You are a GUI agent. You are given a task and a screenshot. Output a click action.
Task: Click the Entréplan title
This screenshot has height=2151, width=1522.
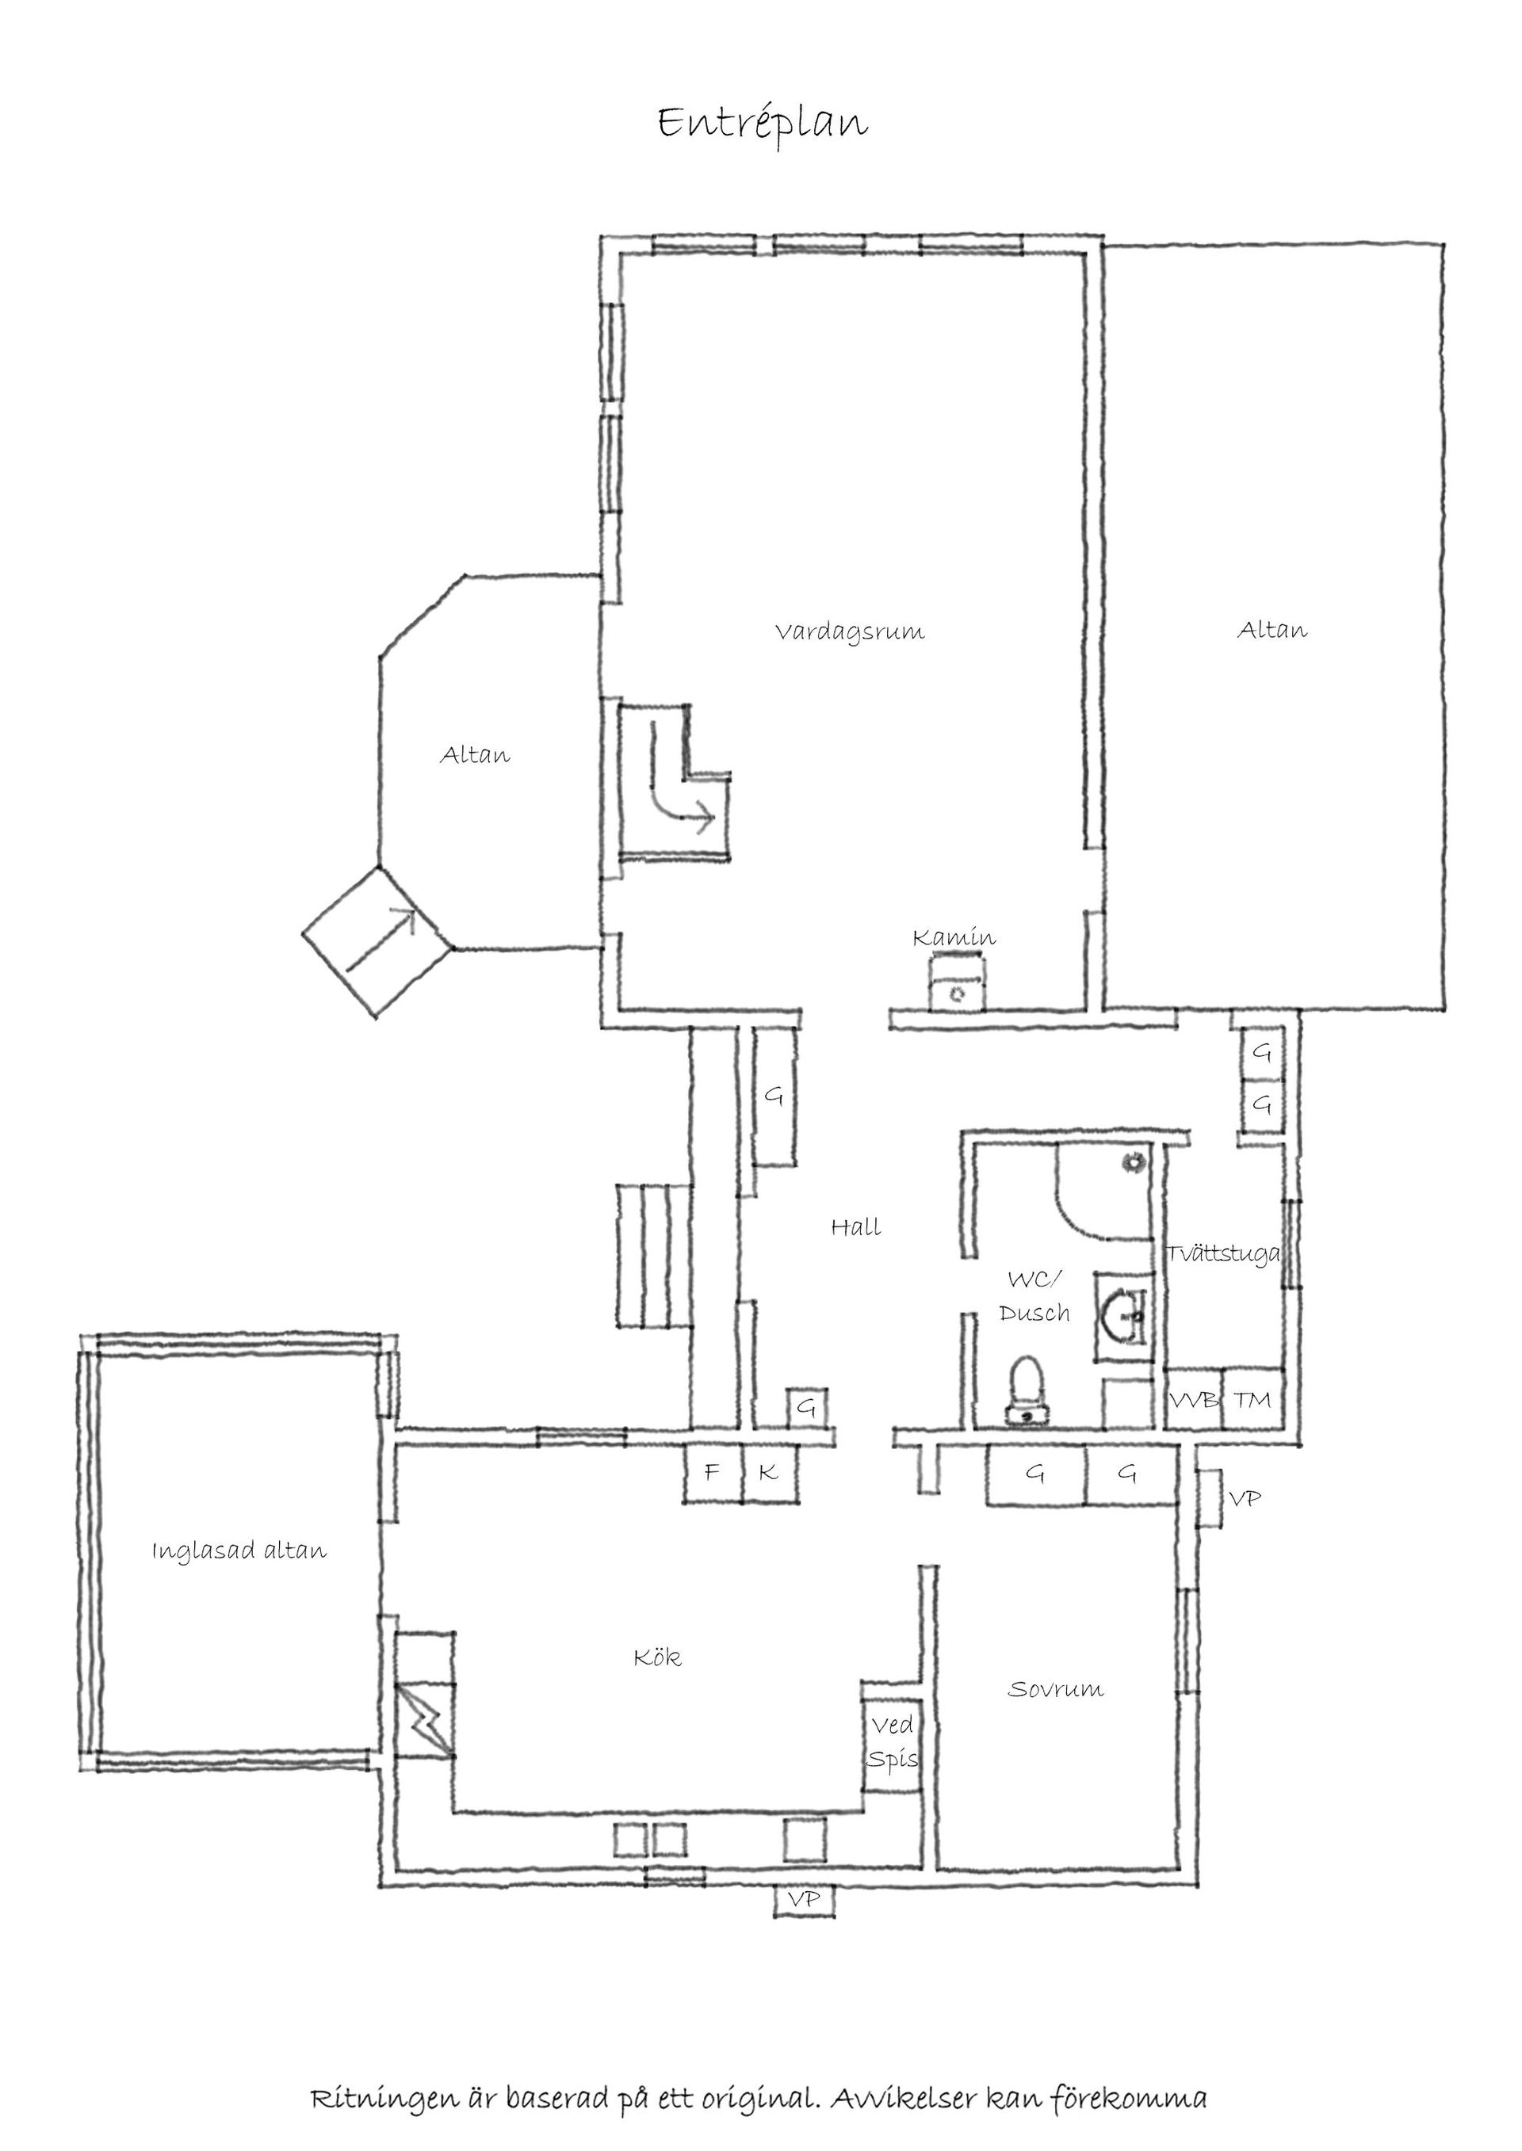point(762,124)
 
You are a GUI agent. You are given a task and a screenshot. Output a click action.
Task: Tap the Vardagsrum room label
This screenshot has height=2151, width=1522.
point(849,631)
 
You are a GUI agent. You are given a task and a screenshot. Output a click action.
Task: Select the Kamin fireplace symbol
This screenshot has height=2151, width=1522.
point(956,982)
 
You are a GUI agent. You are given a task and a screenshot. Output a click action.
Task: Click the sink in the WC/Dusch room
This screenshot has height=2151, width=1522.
point(1122,1315)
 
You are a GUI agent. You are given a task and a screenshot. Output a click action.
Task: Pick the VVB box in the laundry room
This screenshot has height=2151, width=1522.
point(1194,1402)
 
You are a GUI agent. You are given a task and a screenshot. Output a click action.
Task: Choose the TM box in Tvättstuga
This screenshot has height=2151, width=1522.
point(1252,1401)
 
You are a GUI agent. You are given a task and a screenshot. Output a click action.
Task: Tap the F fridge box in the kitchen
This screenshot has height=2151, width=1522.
point(713,1473)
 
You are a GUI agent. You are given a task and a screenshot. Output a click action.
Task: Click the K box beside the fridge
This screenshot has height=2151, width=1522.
point(768,1473)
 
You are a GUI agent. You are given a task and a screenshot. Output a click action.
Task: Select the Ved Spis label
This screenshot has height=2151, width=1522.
point(893,1742)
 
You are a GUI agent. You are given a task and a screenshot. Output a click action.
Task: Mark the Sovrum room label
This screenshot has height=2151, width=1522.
point(1055,1690)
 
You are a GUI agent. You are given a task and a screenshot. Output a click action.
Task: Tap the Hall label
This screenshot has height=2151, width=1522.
point(855,1227)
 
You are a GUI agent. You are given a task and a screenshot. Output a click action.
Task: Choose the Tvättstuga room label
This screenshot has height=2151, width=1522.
point(1223,1253)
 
